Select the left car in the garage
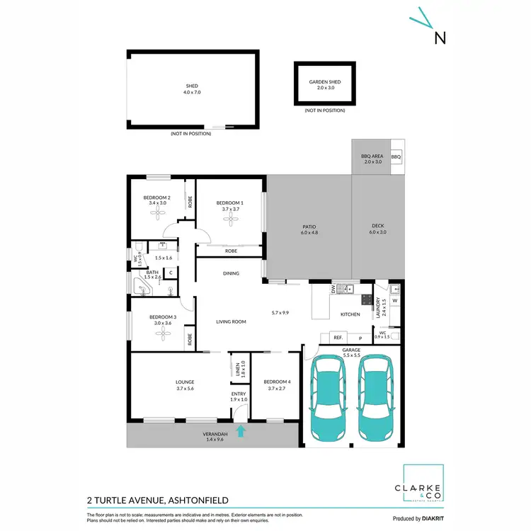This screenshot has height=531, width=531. pos(326,396)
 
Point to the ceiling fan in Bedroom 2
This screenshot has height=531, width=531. pos(156,212)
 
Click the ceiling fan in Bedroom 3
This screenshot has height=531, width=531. pos(163,332)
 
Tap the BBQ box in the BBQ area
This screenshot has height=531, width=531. pos(396,156)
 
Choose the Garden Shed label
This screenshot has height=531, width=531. pos(324,86)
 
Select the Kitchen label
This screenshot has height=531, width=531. pos(350,314)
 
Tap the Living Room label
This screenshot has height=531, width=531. pos(231,321)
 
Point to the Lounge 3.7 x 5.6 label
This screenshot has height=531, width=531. pos(185,386)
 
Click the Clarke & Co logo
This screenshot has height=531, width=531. pos(423,484)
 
